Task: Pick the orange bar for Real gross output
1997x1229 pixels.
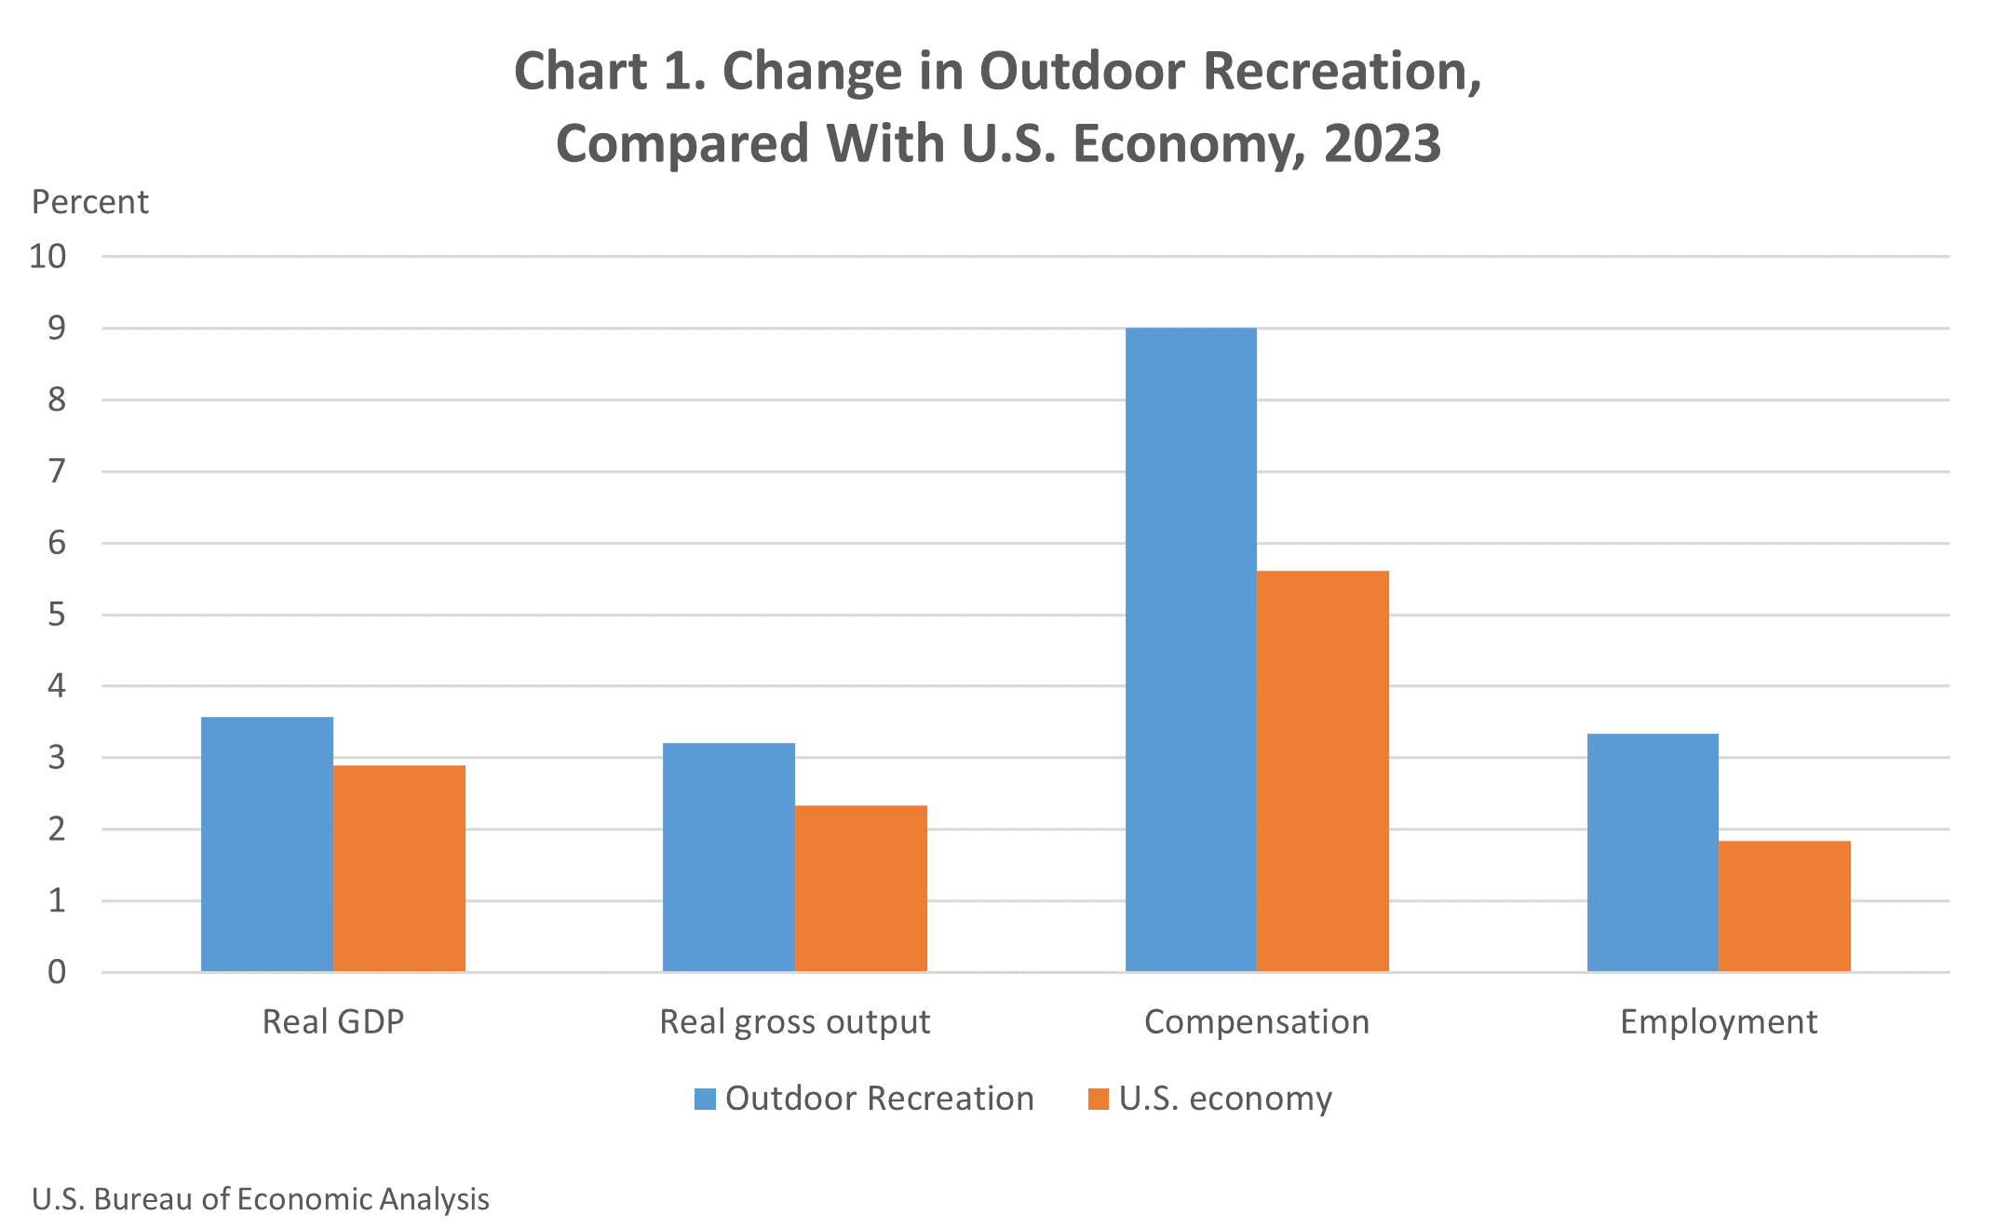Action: coord(861,888)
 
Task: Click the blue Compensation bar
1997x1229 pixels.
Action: coord(1191,649)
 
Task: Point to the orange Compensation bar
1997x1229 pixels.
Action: coord(1323,771)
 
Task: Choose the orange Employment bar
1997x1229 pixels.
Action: coord(1785,906)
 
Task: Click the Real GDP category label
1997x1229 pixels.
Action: coord(333,1021)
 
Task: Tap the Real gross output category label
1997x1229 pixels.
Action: coord(795,1022)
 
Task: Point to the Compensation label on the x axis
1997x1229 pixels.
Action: coord(1257,1021)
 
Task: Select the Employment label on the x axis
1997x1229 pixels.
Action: coord(1719,1022)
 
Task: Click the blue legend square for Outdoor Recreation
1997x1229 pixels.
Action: coord(705,1099)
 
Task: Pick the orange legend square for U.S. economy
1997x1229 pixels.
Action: coord(1099,1099)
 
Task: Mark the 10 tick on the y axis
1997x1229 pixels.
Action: coord(48,256)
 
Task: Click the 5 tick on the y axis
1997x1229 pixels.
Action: coord(57,614)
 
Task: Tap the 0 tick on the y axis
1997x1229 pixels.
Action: coord(57,972)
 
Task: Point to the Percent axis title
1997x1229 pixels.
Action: coord(90,202)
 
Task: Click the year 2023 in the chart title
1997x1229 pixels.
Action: coord(1383,143)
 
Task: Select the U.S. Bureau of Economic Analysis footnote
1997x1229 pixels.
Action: coord(261,1199)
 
